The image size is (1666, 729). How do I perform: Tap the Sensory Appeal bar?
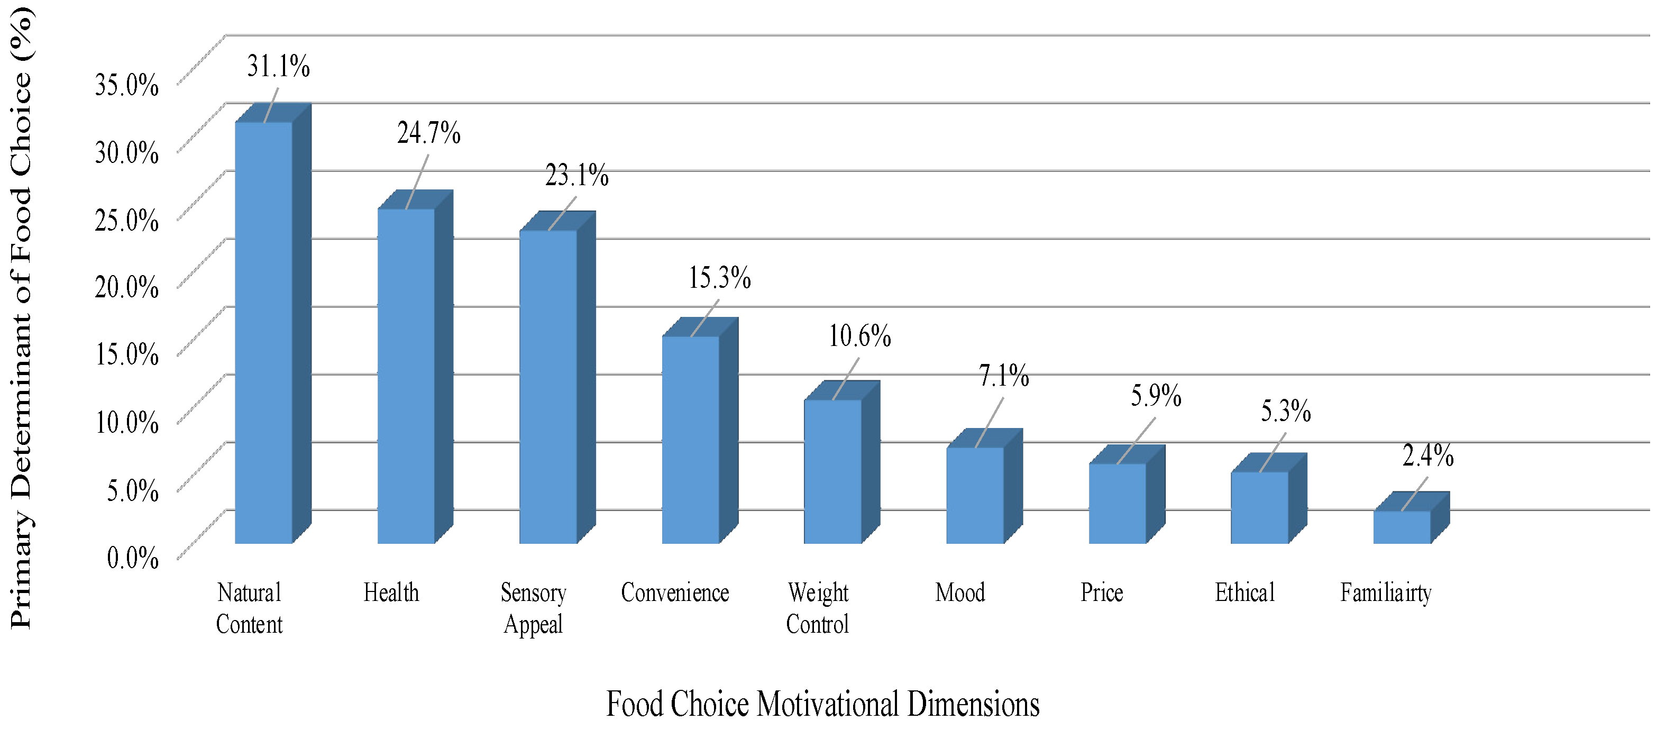click(548, 386)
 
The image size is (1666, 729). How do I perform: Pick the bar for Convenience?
click(690, 439)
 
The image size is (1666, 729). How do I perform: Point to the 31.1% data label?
click(278, 67)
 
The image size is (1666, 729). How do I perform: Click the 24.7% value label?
click(428, 133)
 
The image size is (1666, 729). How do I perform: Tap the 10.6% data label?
click(859, 336)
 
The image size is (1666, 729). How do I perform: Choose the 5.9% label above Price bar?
click(1156, 396)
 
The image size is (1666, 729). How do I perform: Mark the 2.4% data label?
click(1427, 456)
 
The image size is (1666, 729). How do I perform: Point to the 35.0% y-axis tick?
click(127, 85)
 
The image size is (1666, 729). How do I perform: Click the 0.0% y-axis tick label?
click(133, 558)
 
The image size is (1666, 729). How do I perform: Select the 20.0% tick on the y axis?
click(127, 287)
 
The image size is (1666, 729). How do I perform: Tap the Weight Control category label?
click(818, 608)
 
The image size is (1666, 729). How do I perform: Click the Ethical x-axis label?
click(1244, 593)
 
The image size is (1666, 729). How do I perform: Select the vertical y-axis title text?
click(21, 317)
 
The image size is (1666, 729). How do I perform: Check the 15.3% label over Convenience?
click(719, 278)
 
